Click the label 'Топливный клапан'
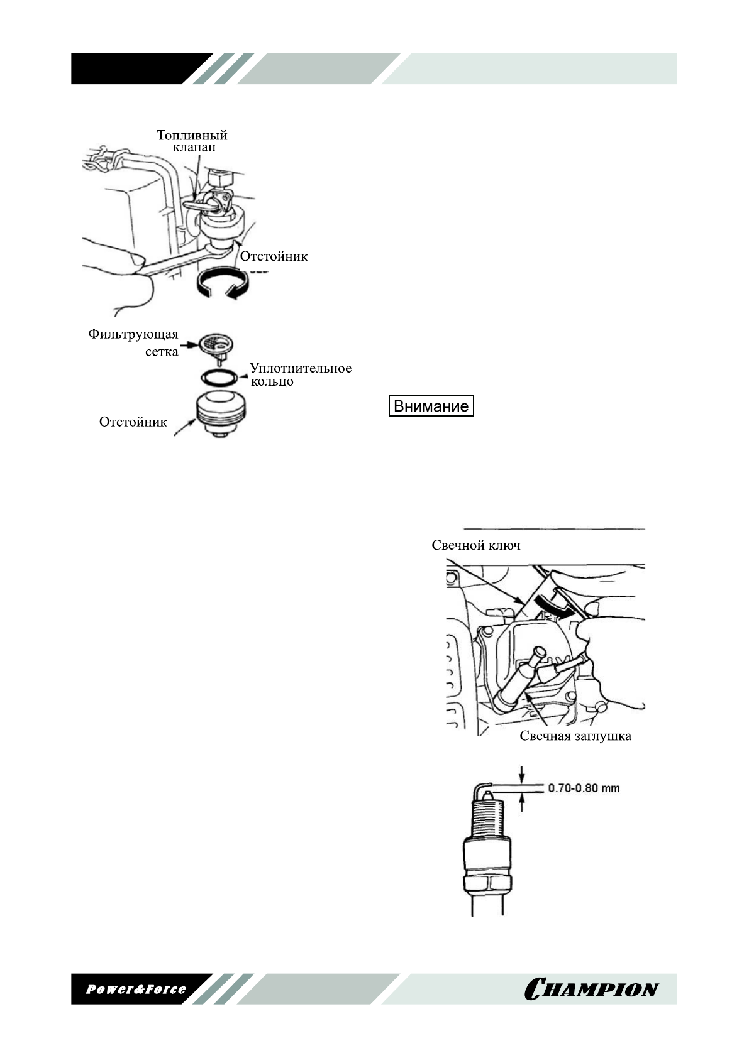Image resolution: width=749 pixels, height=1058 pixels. [192, 141]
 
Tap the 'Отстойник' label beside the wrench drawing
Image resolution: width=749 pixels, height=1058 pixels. [274, 256]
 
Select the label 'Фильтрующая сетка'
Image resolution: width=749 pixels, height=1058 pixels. [134, 342]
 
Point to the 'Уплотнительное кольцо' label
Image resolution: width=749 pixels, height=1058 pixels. [300, 374]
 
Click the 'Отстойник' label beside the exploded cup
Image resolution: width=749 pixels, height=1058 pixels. [133, 422]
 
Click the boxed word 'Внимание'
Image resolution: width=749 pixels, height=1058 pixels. [431, 406]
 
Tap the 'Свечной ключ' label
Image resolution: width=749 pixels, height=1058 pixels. [475, 545]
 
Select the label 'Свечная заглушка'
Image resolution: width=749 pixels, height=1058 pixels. [575, 736]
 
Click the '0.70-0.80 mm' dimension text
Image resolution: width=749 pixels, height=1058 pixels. [584, 788]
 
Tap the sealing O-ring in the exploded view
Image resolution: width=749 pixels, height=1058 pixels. [219, 378]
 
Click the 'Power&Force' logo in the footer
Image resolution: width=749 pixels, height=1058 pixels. [136, 989]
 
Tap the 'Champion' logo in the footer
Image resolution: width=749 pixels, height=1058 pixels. [591, 989]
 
